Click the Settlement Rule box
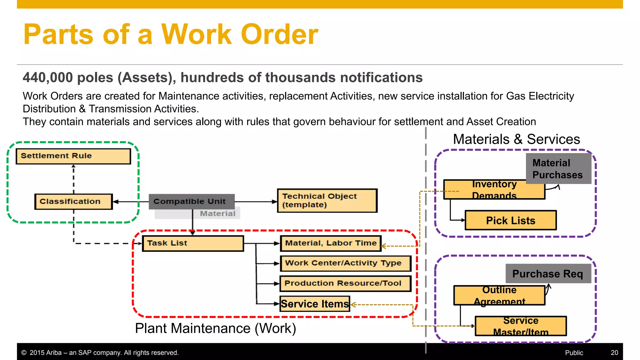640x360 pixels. click(73, 156)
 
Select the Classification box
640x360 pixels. click(73, 202)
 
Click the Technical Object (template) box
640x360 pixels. click(327, 201)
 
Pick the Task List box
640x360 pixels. click(192, 243)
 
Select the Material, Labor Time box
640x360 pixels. click(331, 243)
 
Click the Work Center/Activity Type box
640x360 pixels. click(345, 263)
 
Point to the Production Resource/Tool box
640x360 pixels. click(345, 283)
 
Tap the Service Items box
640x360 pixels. click(315, 304)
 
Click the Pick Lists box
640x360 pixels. click(511, 221)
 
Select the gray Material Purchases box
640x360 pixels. click(558, 169)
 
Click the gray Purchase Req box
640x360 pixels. click(548, 274)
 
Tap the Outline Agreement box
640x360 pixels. click(499, 296)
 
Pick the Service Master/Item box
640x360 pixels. click(521, 326)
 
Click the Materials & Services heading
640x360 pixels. click(516, 139)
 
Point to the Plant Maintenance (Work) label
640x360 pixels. click(215, 329)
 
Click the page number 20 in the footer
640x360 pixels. click(614, 353)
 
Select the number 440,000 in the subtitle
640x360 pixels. click(47, 77)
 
